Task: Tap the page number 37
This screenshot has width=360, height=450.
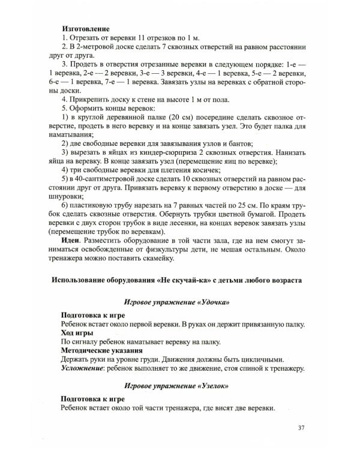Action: click(301, 427)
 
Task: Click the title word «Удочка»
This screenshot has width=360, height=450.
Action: click(210, 302)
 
